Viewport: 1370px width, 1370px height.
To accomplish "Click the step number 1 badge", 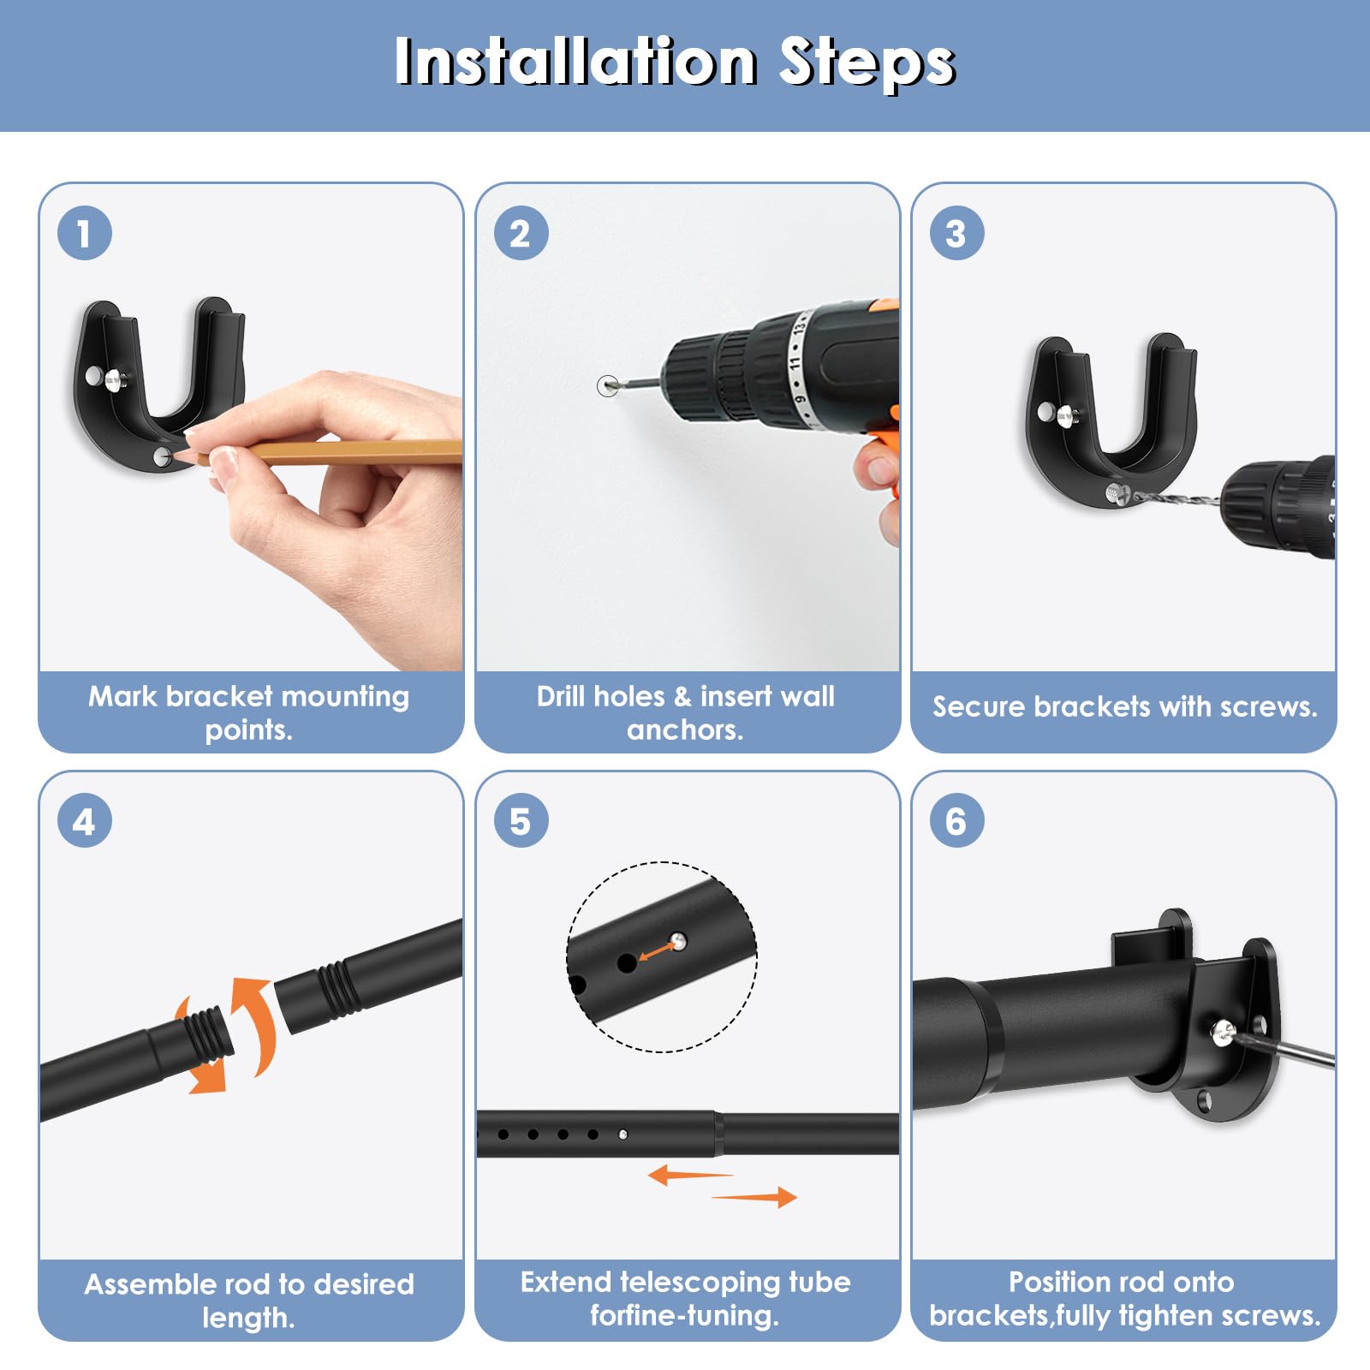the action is coord(84,233).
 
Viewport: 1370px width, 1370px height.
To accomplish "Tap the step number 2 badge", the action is coord(521,233).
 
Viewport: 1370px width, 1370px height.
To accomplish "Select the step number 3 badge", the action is coord(956,233).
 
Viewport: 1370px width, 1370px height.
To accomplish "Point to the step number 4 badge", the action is coord(84,820).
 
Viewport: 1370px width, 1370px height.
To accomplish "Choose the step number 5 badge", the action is coord(521,820).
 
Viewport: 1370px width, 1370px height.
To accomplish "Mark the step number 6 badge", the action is coord(956,820).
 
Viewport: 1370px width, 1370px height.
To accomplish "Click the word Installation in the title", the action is coord(576,62).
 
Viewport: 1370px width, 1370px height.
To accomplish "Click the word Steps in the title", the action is coord(867,64).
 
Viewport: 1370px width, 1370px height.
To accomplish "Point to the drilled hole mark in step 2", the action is coord(607,385).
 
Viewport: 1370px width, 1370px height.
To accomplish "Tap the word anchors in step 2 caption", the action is coord(685,730).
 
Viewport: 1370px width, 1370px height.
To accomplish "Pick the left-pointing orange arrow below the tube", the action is coord(690,1175).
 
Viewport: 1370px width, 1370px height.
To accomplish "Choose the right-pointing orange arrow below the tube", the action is coord(754,1197).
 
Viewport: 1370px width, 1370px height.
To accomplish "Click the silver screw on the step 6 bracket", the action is coord(1223,1032).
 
